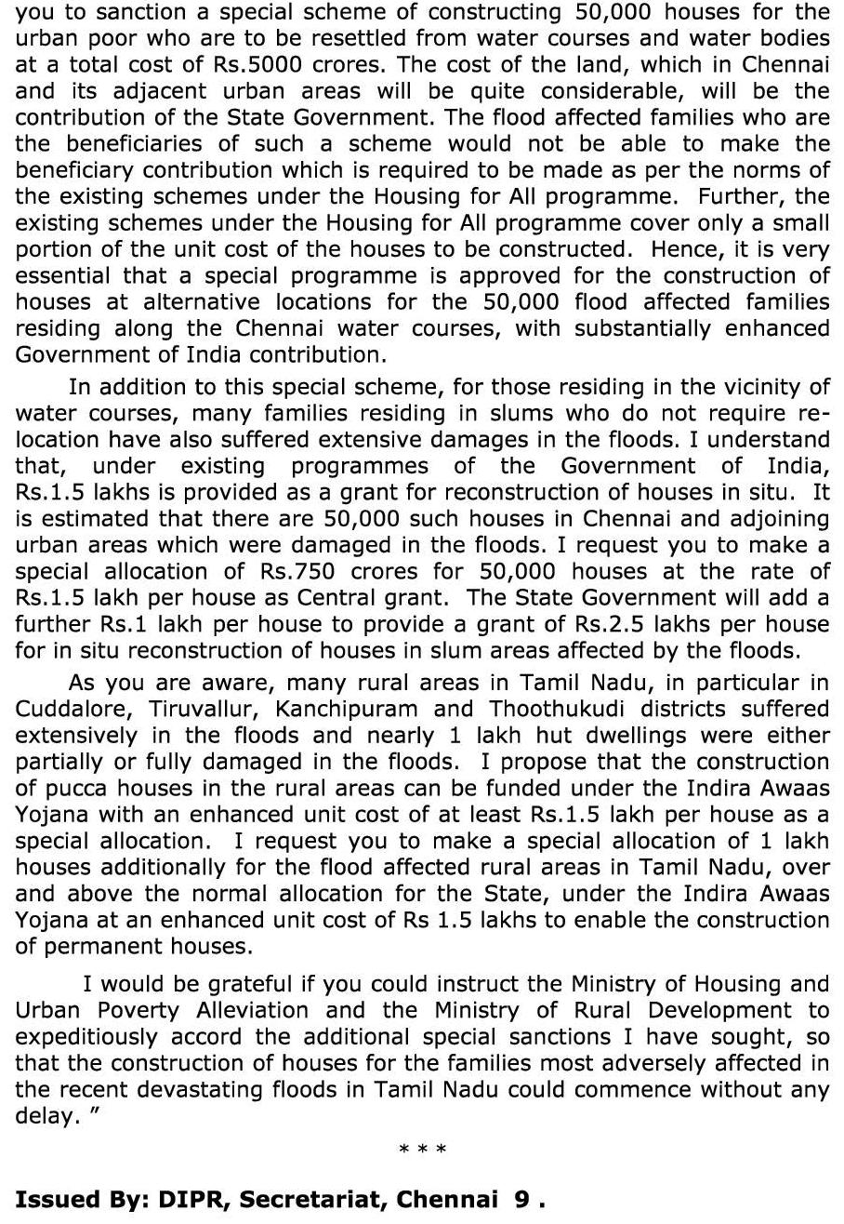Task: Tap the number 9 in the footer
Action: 523,1200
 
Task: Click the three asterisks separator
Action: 422,1151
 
